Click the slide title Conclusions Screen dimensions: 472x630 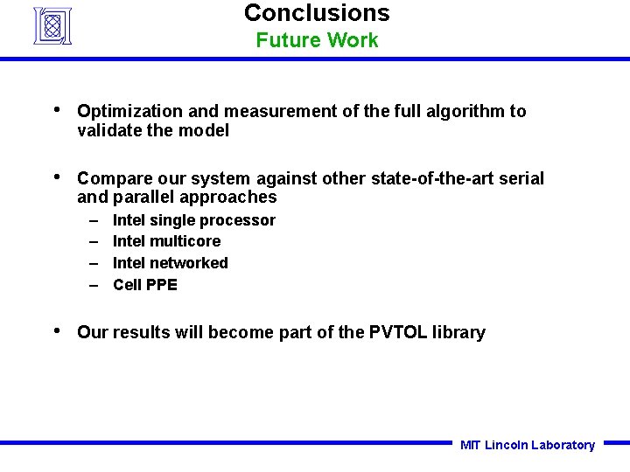point(317,13)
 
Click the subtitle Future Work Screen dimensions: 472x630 point(317,40)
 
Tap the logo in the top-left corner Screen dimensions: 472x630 point(52,25)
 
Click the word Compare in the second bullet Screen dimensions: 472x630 point(112,178)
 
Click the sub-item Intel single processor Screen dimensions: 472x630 point(194,220)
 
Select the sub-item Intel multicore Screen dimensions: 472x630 point(167,241)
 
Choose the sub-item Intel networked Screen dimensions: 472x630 point(171,263)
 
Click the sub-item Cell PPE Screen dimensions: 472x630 point(145,284)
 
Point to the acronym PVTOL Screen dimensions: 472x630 point(398,332)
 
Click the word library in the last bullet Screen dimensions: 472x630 point(458,332)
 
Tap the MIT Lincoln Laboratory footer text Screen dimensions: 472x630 point(527,445)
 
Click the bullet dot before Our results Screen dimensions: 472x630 point(57,331)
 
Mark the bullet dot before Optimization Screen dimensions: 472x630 point(57,110)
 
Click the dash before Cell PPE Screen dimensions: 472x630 point(93,284)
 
